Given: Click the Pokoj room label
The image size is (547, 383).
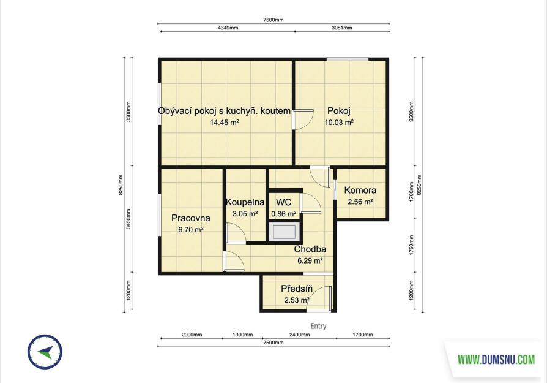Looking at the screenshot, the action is tap(339, 111).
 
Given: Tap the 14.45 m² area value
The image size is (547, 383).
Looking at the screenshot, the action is tap(225, 123).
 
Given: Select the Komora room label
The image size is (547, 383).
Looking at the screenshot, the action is tap(360, 190).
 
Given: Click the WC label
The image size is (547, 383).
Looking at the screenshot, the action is tap(284, 202).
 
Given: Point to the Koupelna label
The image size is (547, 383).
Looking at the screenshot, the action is tap(245, 202).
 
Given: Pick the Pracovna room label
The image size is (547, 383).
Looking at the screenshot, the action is tap(190, 218).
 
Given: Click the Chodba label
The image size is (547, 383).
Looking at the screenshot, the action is tap(310, 249).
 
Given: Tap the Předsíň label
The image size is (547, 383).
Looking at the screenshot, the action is tap(297, 289).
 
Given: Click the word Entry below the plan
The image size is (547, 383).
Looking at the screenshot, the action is tap(319, 326).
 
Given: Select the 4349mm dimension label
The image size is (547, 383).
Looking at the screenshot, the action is tap(228, 28).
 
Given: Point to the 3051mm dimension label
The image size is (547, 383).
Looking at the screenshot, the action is tap(342, 28).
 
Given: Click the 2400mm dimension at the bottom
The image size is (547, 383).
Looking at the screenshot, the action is tap(299, 335).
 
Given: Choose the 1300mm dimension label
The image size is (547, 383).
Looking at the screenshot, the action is tap(242, 335).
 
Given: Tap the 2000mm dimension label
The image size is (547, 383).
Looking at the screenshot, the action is tap(192, 335).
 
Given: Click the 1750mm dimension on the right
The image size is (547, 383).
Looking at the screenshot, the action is tap(411, 245).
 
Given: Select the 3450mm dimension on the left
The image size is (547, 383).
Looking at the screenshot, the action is tap(128, 219).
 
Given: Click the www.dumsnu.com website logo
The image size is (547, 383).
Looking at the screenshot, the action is tap(496, 359).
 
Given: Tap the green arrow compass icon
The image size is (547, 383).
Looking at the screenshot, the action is tap(45, 352).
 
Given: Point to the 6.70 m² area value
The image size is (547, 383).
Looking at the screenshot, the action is tap(190, 230).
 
